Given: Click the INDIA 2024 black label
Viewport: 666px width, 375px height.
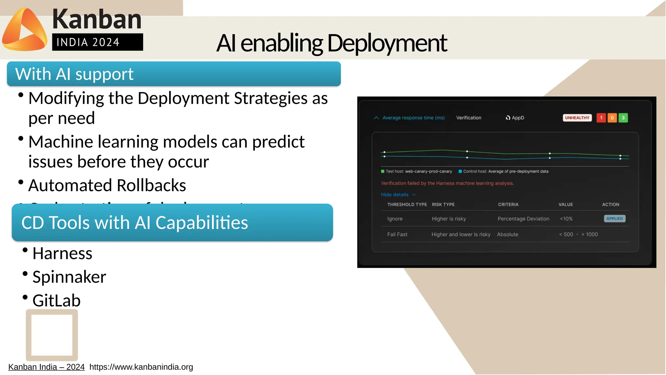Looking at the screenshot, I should point(97,42).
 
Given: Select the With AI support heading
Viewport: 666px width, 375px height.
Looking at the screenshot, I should point(74,74).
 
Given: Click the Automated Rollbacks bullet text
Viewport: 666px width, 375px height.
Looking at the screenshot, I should point(107,185).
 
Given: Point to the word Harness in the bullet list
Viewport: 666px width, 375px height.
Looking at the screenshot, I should point(62,253).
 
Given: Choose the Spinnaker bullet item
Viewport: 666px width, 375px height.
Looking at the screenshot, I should point(69,277).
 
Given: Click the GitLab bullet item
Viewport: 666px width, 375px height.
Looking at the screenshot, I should point(57,301).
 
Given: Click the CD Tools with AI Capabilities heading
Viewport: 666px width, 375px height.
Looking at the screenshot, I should point(135,223).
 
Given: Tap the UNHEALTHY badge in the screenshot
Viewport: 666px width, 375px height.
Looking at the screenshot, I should point(577,118).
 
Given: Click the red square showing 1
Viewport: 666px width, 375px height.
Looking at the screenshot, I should point(601,118).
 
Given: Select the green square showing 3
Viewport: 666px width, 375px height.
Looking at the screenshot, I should point(623,118).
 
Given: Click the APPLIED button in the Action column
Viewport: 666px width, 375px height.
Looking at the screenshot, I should point(614,219).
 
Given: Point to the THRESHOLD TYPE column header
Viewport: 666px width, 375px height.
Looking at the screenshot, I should point(407,205).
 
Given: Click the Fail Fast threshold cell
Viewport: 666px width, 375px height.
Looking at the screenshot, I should point(397,234).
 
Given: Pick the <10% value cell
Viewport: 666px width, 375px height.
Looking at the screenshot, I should point(566,219).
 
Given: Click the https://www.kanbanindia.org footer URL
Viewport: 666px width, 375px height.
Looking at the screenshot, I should point(141,367).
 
